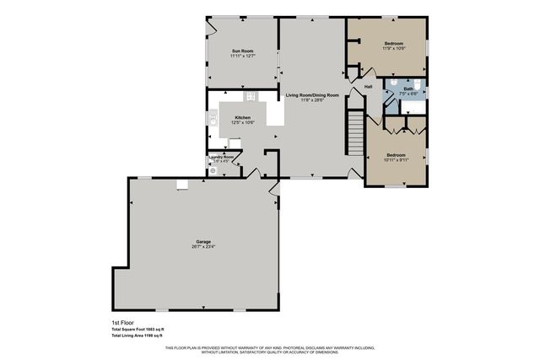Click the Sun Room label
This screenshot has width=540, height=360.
pos(243,51)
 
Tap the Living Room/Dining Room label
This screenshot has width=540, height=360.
pos(312,95)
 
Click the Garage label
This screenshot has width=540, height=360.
pos(203,241)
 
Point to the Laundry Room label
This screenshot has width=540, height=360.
pos(223,156)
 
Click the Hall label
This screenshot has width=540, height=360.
pos(369,87)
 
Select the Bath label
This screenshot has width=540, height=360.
pos(408,88)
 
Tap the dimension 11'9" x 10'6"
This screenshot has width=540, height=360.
pos(394,49)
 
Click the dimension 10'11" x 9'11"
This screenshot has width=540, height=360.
pos(396,160)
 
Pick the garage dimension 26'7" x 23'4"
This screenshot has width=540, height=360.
pos(203,247)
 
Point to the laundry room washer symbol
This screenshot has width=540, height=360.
pos(213,170)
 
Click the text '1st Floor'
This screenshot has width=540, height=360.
pos(122,322)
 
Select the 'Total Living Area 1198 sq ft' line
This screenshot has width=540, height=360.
pos(143,335)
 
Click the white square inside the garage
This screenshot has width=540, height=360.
pos(181,185)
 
